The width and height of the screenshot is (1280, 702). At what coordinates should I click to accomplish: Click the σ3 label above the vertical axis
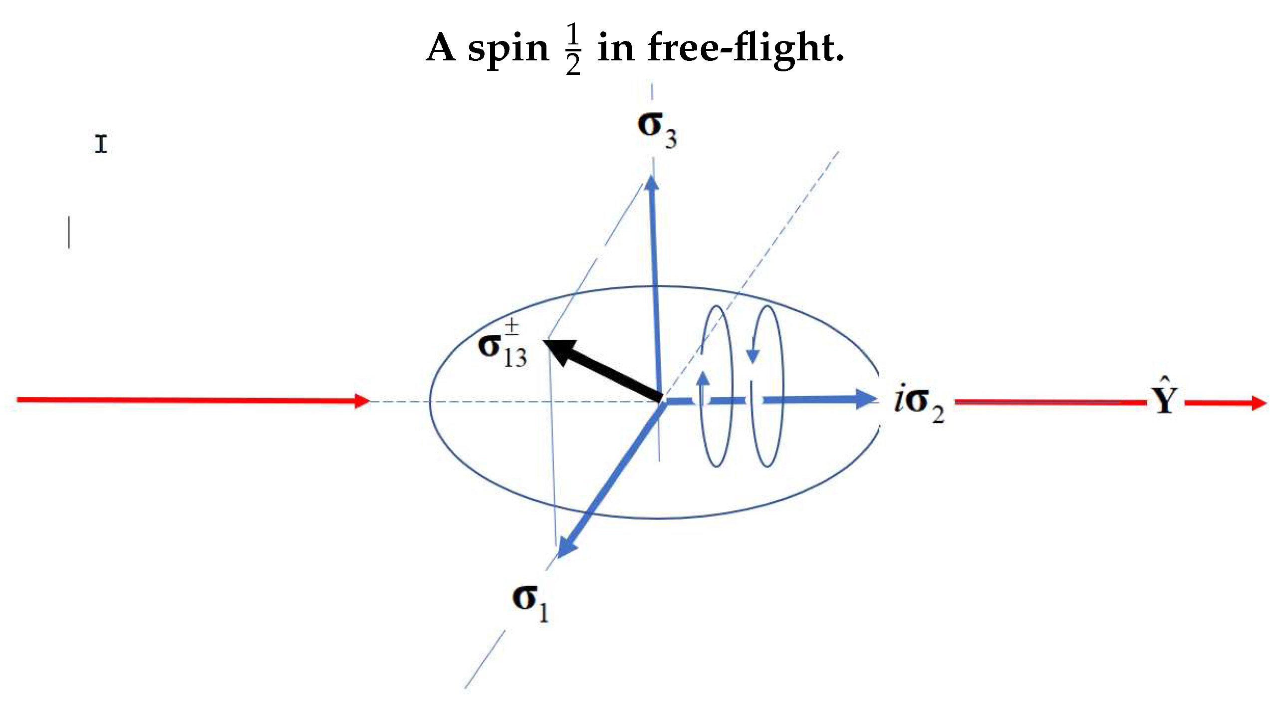pyautogui.click(x=657, y=130)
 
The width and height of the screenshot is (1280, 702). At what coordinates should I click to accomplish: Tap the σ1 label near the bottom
pyautogui.click(x=530, y=603)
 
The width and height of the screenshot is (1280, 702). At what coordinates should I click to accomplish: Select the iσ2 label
pyautogui.click(x=919, y=404)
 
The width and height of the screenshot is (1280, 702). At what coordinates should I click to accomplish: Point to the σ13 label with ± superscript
pyautogui.click(x=502, y=344)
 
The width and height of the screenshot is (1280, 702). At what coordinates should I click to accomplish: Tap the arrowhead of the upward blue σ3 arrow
pyautogui.click(x=652, y=182)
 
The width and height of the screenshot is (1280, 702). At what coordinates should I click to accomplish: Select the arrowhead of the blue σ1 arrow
pyautogui.click(x=566, y=547)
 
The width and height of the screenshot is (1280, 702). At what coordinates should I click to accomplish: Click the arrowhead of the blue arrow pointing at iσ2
pyautogui.click(x=866, y=399)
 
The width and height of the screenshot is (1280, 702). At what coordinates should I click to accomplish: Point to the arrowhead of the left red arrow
pyautogui.click(x=362, y=401)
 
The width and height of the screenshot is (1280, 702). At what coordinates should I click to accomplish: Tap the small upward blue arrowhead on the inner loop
pyautogui.click(x=703, y=378)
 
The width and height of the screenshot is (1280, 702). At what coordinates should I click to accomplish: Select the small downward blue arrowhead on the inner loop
pyautogui.click(x=753, y=356)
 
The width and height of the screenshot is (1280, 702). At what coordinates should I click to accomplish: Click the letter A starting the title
pyautogui.click(x=441, y=47)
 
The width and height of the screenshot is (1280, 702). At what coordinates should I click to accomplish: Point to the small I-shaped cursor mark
pyautogui.click(x=101, y=144)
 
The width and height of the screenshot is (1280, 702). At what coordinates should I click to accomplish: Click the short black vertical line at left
pyautogui.click(x=69, y=232)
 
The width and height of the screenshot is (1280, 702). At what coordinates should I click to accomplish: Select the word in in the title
pyautogui.click(x=616, y=47)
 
